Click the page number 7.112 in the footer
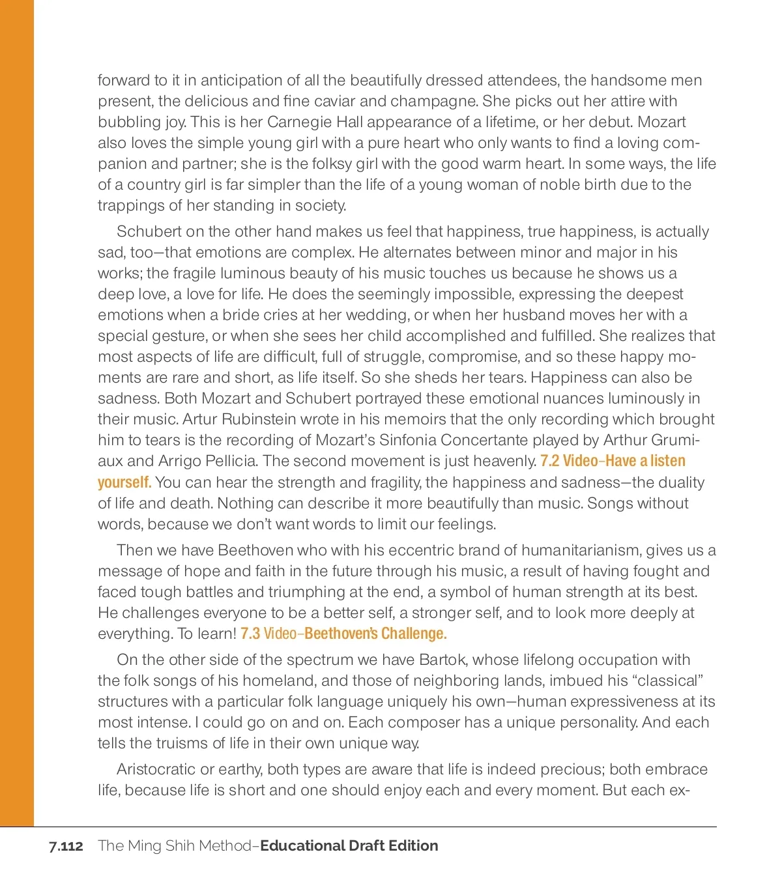pyautogui.click(x=66, y=846)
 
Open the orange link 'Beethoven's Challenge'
pyautogui.click(x=375, y=634)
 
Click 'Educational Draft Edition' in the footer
pyautogui.click(x=349, y=846)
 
